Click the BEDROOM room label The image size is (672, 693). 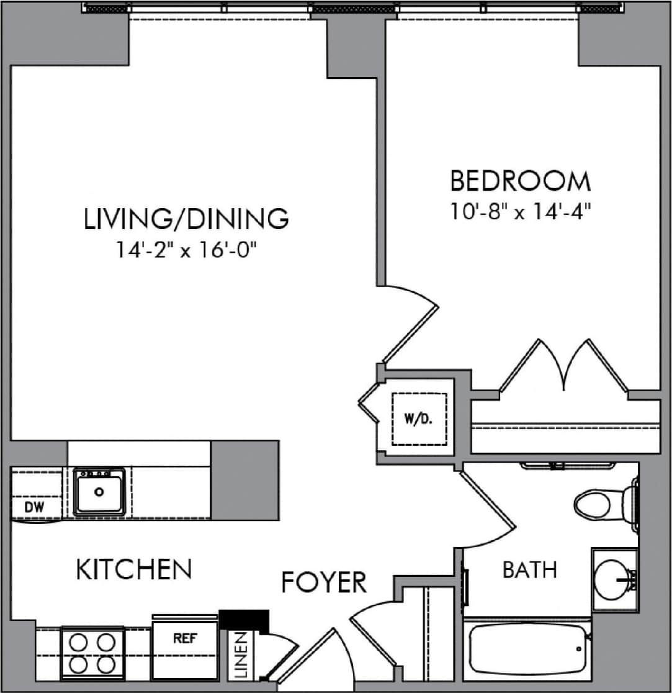520,181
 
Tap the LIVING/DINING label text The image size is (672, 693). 187,219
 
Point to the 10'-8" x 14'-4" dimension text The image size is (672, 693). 520,212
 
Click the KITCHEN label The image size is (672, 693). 133,569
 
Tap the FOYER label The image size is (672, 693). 324,583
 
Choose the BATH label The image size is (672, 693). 529,570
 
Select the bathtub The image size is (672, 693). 527,652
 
